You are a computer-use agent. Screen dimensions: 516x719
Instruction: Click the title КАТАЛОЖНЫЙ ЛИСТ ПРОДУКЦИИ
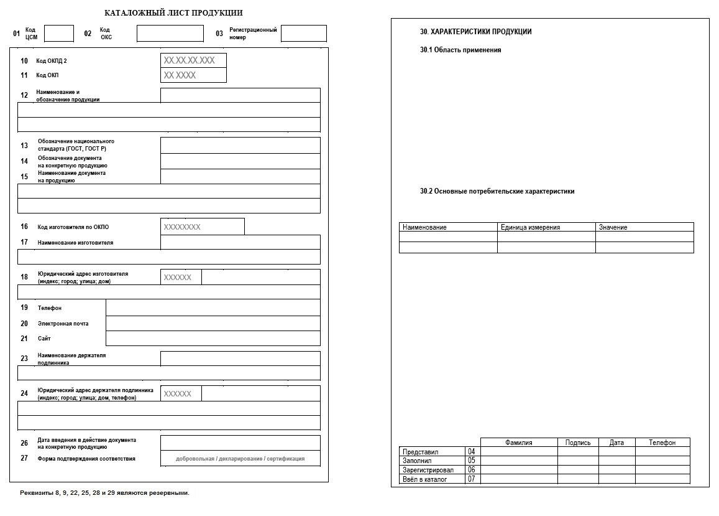[x=173, y=12]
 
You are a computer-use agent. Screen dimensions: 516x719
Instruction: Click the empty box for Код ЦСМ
[x=59, y=34]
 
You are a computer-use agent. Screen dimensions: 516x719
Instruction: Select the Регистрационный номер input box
[x=303, y=34]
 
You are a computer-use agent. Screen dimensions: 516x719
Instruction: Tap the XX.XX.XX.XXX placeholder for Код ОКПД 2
[x=193, y=60]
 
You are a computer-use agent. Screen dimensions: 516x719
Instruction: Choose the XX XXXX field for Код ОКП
[x=193, y=75]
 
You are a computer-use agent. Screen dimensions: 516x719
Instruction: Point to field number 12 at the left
[x=24, y=95]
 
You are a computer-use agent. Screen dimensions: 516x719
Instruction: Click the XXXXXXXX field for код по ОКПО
[x=202, y=227]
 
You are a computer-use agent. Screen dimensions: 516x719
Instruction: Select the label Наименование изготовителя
[x=75, y=242]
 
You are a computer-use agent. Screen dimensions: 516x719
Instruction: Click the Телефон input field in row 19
[x=213, y=307]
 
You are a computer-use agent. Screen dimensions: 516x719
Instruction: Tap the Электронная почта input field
[x=213, y=323]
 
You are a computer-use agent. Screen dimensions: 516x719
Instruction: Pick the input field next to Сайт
[x=213, y=338]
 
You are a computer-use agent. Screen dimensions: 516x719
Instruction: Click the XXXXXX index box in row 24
[x=181, y=393]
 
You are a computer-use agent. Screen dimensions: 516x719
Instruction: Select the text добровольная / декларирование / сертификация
[x=240, y=459]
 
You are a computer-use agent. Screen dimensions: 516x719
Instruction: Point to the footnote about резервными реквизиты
[x=104, y=493]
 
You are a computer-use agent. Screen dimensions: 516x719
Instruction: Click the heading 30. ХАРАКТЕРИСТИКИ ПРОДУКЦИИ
[x=476, y=32]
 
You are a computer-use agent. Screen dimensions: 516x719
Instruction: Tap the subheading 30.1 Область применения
[x=460, y=50]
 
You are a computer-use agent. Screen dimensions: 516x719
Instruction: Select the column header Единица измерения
[x=530, y=227]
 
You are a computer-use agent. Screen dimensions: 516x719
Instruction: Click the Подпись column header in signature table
[x=578, y=443]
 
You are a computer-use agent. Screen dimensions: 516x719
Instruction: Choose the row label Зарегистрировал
[x=428, y=470]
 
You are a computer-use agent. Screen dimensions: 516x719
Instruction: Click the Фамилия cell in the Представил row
[x=518, y=452]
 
